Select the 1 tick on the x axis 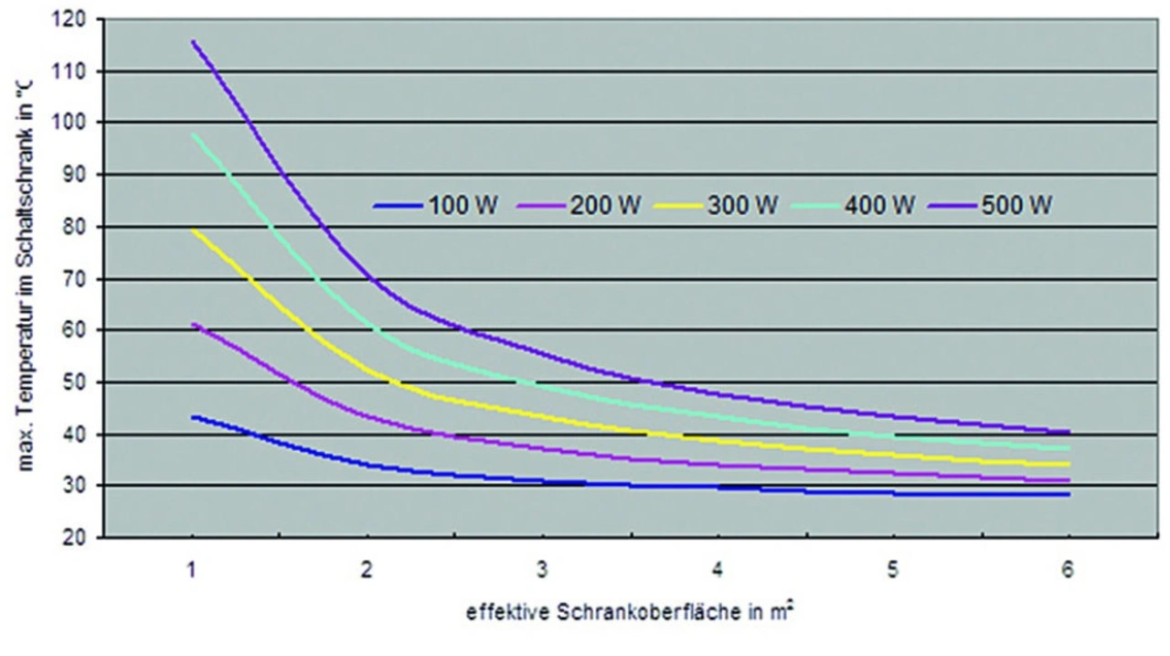coord(192,569)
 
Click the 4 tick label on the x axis coord(718,569)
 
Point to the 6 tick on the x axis coord(1069,569)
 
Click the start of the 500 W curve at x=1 coord(193,41)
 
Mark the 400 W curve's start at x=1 coord(193,135)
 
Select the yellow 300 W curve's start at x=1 coord(193,231)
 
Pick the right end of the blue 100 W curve coord(1069,494)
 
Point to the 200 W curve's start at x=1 coord(193,324)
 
